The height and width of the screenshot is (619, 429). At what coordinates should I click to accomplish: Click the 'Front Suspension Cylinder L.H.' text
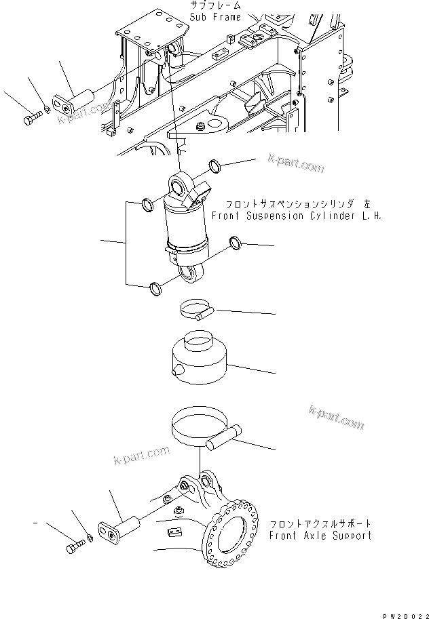(x=297, y=216)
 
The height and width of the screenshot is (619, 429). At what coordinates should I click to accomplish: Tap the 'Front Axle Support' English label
(x=320, y=535)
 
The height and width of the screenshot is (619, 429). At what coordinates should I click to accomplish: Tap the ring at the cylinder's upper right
(x=215, y=165)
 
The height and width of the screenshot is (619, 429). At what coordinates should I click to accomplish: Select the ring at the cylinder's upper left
(x=146, y=203)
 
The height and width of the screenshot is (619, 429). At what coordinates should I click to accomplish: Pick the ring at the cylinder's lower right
(x=235, y=242)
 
